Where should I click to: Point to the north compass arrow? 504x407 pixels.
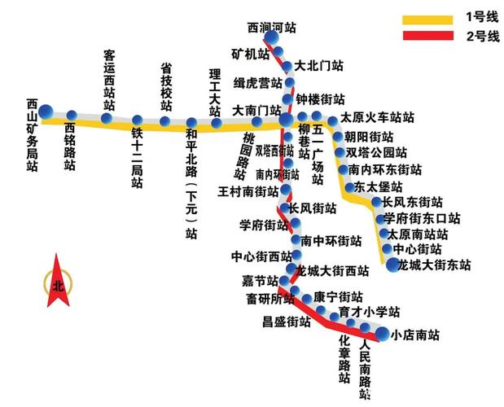point(57,281)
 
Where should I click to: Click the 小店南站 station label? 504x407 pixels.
point(415,335)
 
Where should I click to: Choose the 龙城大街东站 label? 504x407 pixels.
point(433,265)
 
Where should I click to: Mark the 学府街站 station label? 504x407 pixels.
point(260,225)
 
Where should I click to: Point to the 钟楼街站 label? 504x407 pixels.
point(320,99)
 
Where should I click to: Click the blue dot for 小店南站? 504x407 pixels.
point(381,333)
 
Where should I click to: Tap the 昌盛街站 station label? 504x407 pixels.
point(286,322)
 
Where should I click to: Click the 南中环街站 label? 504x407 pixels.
point(331,241)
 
